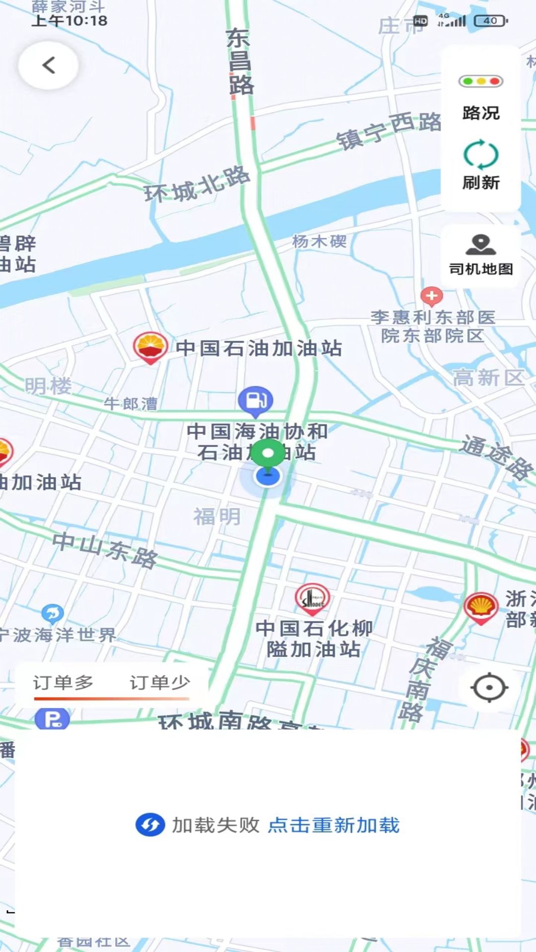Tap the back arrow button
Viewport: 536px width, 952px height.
coord(48,65)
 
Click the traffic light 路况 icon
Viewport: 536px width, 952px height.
coord(480,81)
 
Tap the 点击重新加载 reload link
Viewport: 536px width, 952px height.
coord(334,825)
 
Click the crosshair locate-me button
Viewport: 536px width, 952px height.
coord(489,688)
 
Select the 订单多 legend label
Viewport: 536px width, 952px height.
coord(63,683)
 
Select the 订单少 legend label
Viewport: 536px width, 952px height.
coord(160,683)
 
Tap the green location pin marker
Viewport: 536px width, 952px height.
coord(268,454)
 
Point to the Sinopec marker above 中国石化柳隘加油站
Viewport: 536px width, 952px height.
coord(312,598)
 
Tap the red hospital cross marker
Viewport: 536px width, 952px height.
coord(431,296)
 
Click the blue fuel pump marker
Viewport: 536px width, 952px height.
coord(256,400)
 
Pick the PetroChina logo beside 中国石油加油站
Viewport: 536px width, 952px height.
coord(150,347)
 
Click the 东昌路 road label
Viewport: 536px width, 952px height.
coord(240,62)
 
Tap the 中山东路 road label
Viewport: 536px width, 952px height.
coord(105,549)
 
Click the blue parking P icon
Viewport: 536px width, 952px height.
coord(52,719)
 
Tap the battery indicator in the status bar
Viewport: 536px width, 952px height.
coord(491,21)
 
